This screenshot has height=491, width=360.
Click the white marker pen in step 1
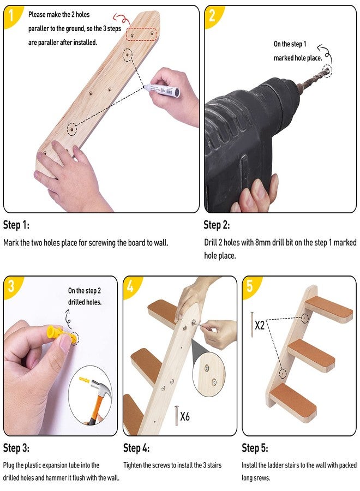pyautogui.click(x=162, y=89)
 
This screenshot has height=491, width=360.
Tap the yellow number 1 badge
pyautogui.click(x=11, y=16)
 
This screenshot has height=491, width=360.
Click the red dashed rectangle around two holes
pyautogui.click(x=141, y=34)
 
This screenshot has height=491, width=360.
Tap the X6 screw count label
pyautogui.click(x=185, y=416)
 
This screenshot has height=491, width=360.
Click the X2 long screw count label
pyautogui.click(x=260, y=325)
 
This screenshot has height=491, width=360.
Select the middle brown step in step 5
pyautogui.click(x=311, y=355)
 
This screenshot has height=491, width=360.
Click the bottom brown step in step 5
pyautogui.click(x=293, y=402)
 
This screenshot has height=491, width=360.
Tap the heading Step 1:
pyautogui.click(x=16, y=225)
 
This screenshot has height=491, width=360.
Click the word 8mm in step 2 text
pyautogui.click(x=263, y=242)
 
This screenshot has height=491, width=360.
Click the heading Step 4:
pyautogui.click(x=136, y=448)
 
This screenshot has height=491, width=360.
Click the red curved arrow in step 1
pyautogui.click(x=122, y=20)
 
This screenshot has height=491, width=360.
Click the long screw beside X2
pyautogui.click(x=251, y=324)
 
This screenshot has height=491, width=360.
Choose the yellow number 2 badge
pyautogui.click(x=213, y=16)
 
